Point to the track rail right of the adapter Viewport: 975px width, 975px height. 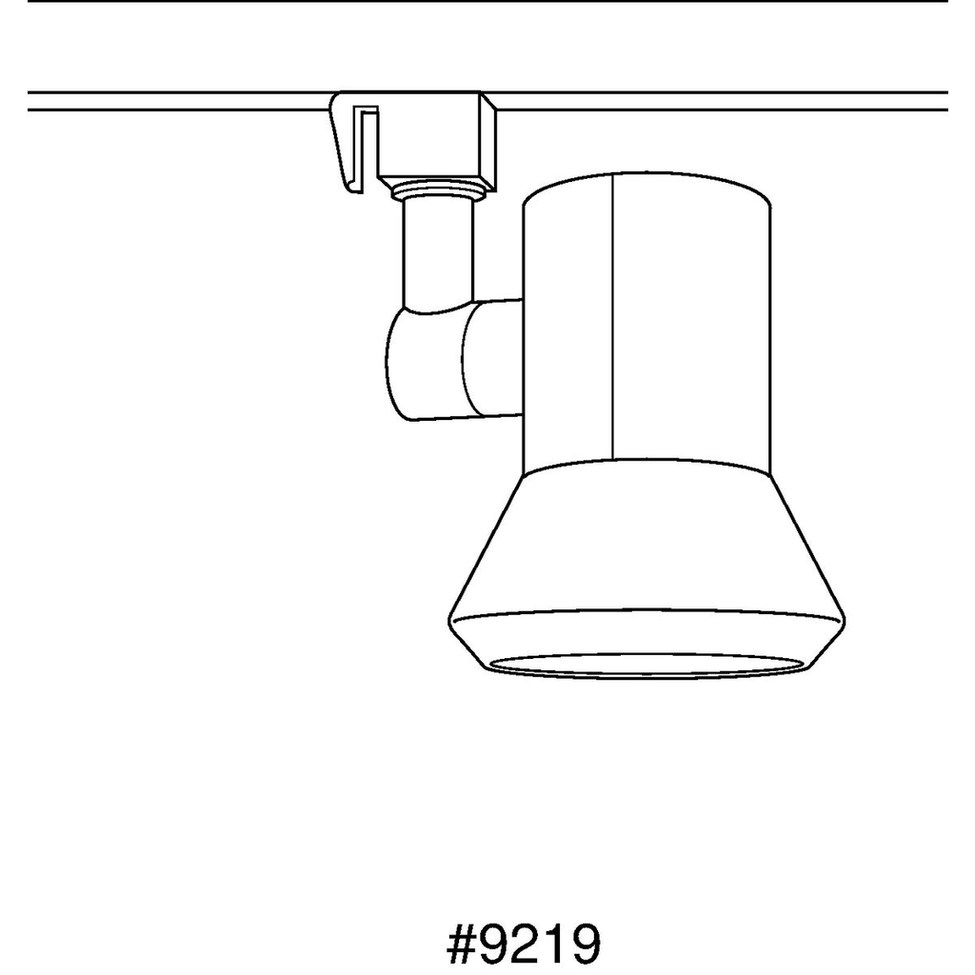click(x=724, y=101)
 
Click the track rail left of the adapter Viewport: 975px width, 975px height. click(x=171, y=101)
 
